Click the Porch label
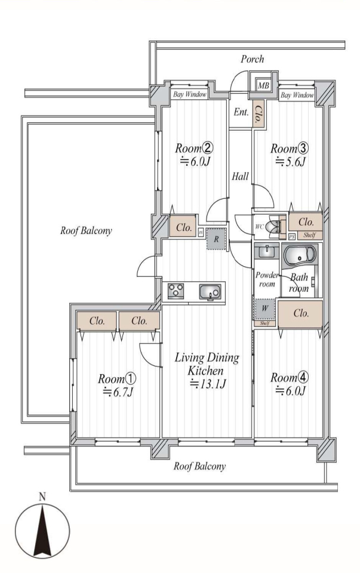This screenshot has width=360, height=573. point(252,59)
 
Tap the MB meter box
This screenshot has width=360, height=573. point(263,86)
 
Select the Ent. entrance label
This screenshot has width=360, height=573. point(241,112)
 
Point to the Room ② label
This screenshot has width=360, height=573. point(194,148)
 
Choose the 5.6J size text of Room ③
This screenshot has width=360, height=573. point(290,161)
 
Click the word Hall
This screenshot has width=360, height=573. point(240,177)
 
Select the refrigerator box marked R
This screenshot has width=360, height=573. point(216,239)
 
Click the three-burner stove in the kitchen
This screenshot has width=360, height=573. point(176,291)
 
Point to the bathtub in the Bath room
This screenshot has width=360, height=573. point(300,256)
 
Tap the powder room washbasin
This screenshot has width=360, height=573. point(266,251)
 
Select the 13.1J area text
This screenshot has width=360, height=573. point(208,384)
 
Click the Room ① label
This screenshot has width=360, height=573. point(117,378)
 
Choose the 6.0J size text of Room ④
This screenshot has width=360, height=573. point(290,391)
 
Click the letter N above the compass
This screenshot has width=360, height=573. point(42,497)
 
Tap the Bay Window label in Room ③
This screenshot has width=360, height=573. point(297,95)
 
